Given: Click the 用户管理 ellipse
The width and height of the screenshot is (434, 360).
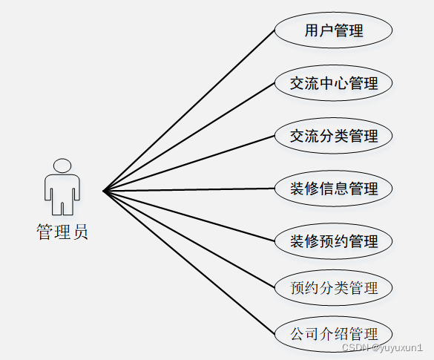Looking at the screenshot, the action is tap(334, 30).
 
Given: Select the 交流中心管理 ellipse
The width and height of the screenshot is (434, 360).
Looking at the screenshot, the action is tap(334, 83).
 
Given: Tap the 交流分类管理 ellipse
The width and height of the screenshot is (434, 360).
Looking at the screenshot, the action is tap(334, 136).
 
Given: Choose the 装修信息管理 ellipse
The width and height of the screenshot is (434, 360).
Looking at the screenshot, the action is tap(334, 189).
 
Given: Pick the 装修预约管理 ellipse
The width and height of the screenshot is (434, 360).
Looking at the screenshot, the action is tap(334, 241).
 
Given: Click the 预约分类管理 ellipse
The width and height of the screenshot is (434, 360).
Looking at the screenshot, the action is tap(334, 288).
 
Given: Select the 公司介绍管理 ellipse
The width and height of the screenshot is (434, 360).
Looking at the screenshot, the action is tap(334, 334).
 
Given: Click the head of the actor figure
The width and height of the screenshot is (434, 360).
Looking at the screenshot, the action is tap(62, 166).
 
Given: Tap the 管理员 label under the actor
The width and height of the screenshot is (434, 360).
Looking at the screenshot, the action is tap(62, 232).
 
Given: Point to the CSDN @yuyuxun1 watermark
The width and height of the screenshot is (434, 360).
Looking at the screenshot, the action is tap(383, 347).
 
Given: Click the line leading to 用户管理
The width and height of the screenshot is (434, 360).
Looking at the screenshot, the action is tap(188, 111).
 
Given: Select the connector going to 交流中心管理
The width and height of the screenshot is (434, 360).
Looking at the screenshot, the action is tap(188, 137).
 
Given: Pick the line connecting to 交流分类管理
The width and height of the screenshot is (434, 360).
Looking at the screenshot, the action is tap(188, 163).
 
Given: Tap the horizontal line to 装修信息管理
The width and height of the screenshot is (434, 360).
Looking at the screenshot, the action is tap(188, 190).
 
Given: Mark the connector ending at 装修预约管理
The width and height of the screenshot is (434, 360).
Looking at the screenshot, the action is tap(188, 216).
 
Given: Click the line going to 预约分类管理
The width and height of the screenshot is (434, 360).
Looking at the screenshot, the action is tap(188, 239).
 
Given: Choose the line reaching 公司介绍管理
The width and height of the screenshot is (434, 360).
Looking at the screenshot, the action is tap(188, 263).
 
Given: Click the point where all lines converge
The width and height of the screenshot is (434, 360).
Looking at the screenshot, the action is tap(103, 191).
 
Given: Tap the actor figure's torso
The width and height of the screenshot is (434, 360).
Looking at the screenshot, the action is tap(62, 189).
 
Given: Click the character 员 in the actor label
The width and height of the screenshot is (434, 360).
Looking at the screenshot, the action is tap(81, 232).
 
